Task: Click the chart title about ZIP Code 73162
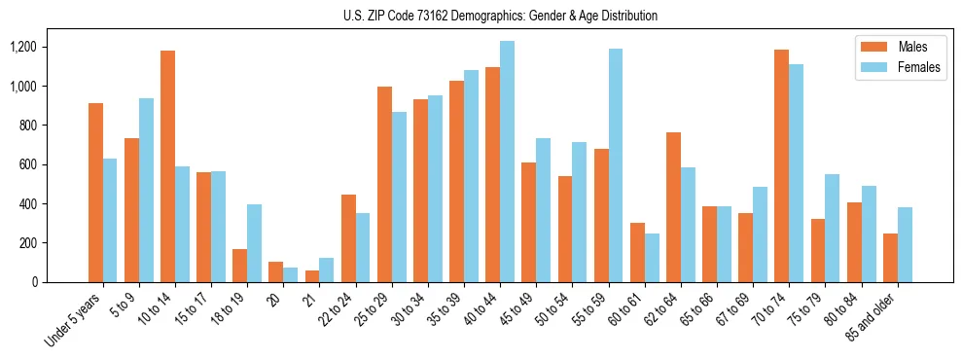click(x=500, y=16)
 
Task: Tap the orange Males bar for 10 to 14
click(x=167, y=166)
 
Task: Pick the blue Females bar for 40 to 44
click(x=507, y=162)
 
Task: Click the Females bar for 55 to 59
click(x=616, y=165)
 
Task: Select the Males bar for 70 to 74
click(x=781, y=165)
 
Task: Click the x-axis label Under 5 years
click(x=76, y=319)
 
